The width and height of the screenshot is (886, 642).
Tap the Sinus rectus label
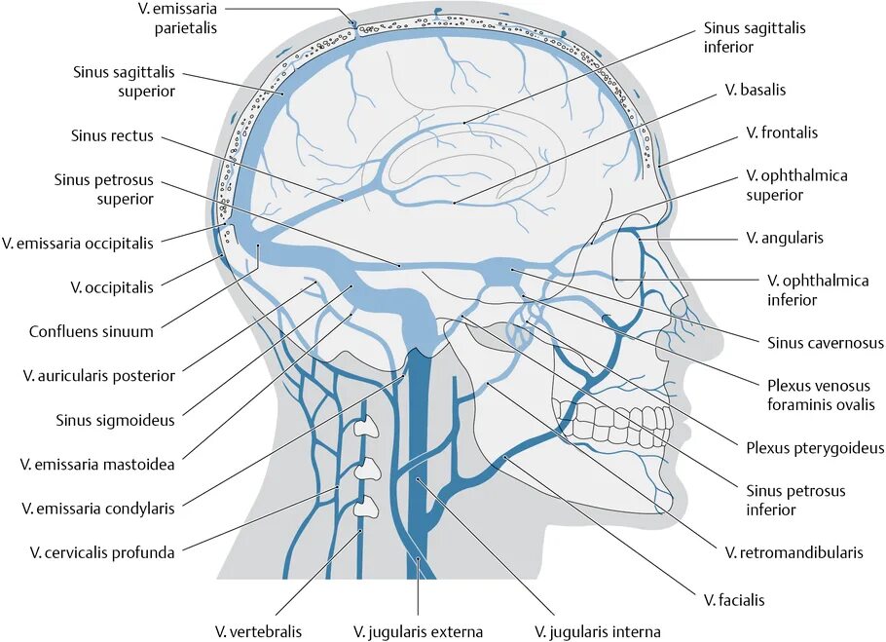112,135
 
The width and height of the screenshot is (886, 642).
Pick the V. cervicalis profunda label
102,552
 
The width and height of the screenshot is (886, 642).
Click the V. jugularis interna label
598,631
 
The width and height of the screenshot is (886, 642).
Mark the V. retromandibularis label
794,552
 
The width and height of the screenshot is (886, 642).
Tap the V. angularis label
785,238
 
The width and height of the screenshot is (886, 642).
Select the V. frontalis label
781,132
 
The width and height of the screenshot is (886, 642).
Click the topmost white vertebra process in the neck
367,428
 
